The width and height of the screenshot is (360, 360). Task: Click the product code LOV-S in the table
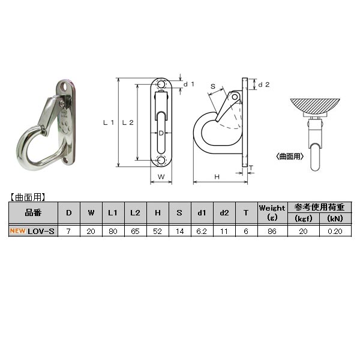tap(41, 230)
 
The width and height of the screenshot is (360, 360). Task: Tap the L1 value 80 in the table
tap(112, 230)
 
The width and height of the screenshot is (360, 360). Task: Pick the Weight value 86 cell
tap(272, 230)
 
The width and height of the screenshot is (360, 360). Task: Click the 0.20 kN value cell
tap(334, 230)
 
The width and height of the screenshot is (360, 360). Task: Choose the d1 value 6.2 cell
tap(201, 230)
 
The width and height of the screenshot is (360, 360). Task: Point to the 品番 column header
tap(33, 212)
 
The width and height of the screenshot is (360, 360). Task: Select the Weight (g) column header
tap(272, 212)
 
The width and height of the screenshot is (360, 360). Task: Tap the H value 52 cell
tap(157, 230)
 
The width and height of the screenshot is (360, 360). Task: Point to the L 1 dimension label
tap(109, 122)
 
